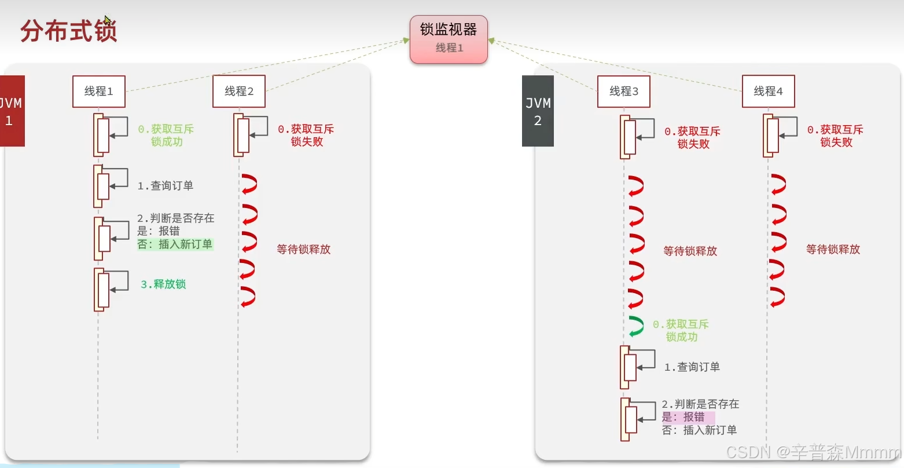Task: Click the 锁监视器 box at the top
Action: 449,39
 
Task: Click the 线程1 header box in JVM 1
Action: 99,91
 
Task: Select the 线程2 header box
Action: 239,91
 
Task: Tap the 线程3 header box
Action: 624,91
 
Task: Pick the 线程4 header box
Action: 768,91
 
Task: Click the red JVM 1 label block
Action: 12,111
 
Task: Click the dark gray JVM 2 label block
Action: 538,111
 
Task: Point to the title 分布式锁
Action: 69,31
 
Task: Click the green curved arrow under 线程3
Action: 636,326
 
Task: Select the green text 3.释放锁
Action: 163,284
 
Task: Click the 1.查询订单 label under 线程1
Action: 166,186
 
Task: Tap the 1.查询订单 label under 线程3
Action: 692,367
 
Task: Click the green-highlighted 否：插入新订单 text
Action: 175,244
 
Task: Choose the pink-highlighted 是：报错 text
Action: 688,417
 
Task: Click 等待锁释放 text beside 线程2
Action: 303,250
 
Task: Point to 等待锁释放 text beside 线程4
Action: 833,250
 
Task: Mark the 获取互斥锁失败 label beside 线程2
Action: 306,136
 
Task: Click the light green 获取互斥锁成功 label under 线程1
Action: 166,136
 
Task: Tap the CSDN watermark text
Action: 813,452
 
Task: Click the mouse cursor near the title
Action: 108,20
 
